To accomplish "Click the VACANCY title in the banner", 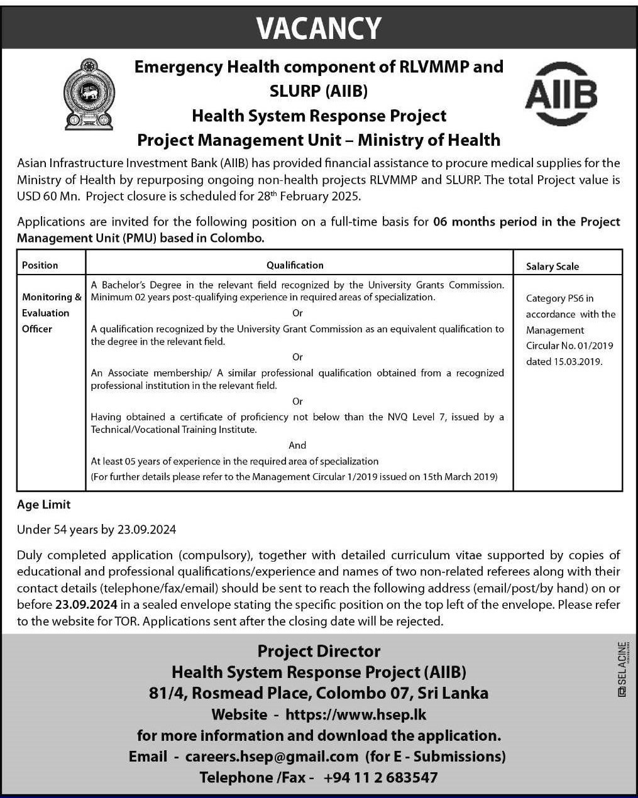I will (x=319, y=28).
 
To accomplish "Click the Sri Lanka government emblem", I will (x=89, y=94).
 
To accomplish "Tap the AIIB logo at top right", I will (x=561, y=94).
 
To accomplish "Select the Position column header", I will (x=40, y=265).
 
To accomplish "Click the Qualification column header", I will (x=295, y=265).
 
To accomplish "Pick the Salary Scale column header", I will (x=552, y=266).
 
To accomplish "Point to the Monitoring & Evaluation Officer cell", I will (x=51, y=313).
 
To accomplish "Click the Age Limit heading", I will (x=43, y=505).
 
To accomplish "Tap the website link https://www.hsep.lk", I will (x=356, y=714).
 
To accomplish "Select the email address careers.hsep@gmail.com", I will (x=272, y=757).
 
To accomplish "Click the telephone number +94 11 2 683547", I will (x=380, y=778).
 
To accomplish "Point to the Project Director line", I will (x=319, y=651).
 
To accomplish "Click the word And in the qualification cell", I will (x=297, y=445).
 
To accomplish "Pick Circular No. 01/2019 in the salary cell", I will (x=569, y=346).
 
